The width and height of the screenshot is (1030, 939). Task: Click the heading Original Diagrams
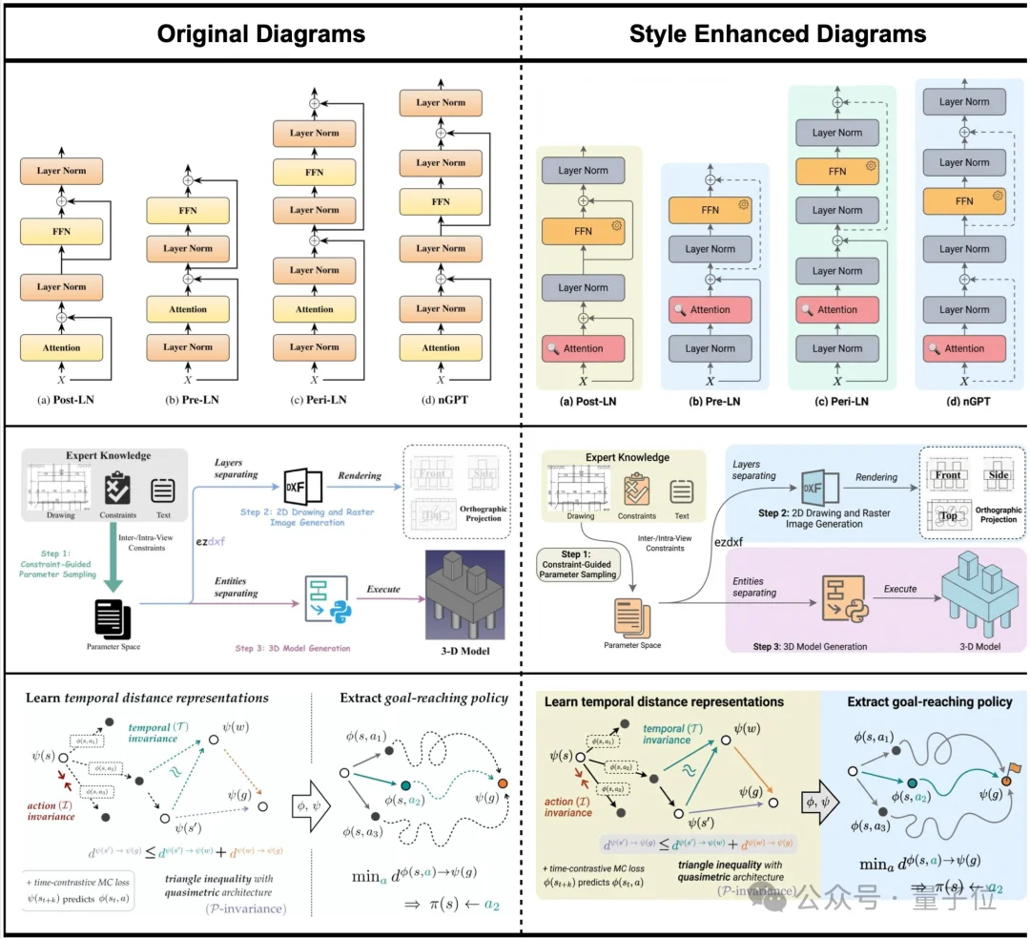tap(260, 34)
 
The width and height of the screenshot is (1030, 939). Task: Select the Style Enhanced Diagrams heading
tap(777, 34)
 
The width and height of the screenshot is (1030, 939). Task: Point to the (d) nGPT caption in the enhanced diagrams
tap(963, 401)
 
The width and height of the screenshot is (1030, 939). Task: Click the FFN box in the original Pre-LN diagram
tap(188, 210)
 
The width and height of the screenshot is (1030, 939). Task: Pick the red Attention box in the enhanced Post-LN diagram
tap(583, 348)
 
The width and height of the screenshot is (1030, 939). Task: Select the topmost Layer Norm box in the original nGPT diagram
tap(440, 102)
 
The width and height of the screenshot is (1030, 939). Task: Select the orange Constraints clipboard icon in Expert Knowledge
tap(636, 490)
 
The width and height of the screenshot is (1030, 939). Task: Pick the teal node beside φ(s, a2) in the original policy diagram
tap(407, 783)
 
